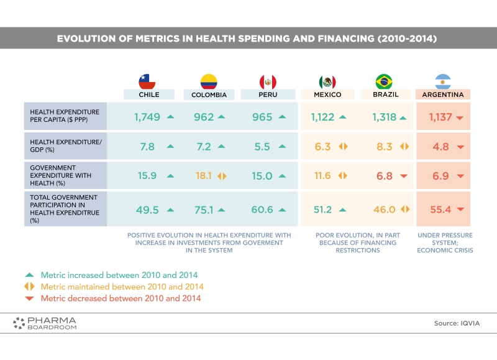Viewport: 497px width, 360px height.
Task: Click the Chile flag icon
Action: coord(147,81)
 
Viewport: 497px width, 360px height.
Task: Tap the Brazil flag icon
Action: coord(384,81)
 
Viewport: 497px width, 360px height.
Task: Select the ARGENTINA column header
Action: coord(443,95)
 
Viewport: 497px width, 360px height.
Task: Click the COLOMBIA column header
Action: coord(209,95)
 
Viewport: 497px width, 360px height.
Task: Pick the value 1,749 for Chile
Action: coord(147,117)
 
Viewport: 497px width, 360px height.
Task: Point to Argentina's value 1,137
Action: coord(440,117)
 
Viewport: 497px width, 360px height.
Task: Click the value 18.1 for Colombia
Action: coord(204,175)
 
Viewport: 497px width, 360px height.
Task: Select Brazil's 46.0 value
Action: coord(384,210)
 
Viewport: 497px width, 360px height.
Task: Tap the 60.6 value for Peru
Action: coord(262,210)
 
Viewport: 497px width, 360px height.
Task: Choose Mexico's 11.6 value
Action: coord(322,175)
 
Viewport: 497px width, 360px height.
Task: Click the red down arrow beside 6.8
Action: coord(403,176)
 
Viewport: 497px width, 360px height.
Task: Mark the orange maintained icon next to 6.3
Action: coord(344,147)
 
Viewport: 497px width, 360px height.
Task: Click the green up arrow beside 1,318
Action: coord(403,118)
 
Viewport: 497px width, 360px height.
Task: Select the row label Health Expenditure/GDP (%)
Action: coord(66,146)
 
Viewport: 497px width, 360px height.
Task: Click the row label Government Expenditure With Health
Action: coord(60,175)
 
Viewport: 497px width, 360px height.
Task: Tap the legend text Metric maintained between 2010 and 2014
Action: coord(122,287)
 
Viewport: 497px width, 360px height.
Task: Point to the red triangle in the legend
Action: coord(29,298)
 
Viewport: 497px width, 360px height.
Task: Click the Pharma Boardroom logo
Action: coord(45,323)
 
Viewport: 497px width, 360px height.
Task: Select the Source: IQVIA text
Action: coord(457,323)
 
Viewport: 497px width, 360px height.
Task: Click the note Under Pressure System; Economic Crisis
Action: coord(445,242)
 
